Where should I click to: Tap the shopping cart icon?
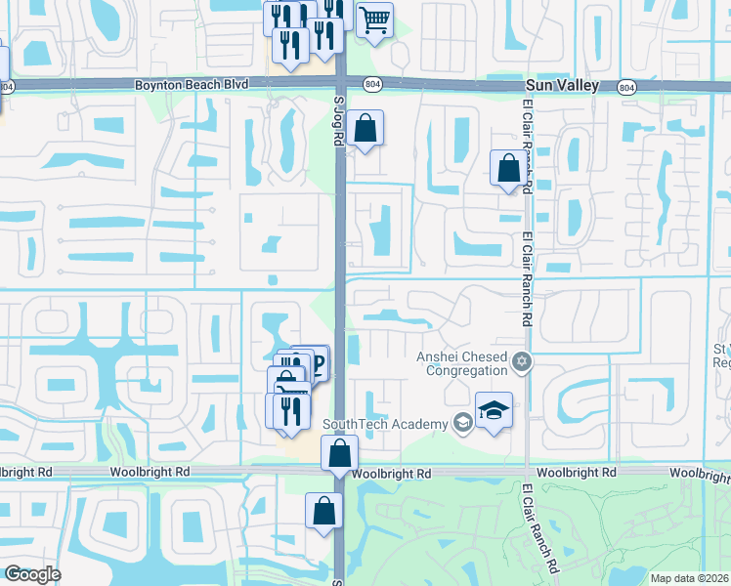click(x=374, y=21)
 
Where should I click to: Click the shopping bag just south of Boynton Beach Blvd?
click(x=365, y=128)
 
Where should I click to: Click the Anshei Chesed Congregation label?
click(x=463, y=362)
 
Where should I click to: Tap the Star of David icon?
click(x=522, y=363)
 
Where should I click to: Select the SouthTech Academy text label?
click(x=386, y=423)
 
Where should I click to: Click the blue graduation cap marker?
click(x=494, y=410)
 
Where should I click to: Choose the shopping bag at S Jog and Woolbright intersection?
click(x=339, y=453)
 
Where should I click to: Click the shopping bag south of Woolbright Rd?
click(x=323, y=511)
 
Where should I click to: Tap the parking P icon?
click(x=316, y=365)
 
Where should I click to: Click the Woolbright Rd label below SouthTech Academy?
click(x=391, y=474)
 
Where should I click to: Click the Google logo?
click(x=32, y=574)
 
